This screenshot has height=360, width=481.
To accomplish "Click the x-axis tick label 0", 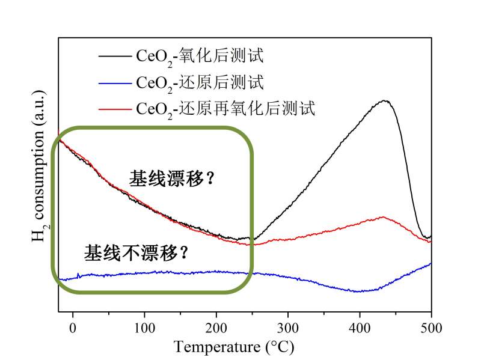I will [x=73, y=328].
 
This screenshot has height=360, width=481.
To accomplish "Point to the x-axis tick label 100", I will [x=144, y=328].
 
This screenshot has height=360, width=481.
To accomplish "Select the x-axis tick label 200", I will [x=216, y=328].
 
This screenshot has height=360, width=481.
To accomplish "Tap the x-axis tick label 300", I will [x=287, y=328].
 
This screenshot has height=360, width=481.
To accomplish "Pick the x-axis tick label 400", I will [x=359, y=328].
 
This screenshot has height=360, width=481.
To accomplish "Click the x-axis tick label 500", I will [x=430, y=328].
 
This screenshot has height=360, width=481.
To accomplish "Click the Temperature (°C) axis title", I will [x=234, y=347].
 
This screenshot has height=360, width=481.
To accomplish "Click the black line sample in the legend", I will [x=114, y=57].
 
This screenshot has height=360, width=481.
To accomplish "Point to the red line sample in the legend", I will [x=114, y=109].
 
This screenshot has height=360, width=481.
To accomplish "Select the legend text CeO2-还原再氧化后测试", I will [x=225, y=109].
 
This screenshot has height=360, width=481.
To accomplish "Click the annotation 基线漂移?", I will [x=172, y=178].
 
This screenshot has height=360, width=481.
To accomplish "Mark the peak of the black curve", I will [x=384, y=100].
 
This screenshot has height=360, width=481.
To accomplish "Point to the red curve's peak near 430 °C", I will [x=382, y=217].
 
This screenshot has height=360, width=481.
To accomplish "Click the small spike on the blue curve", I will [x=79, y=274].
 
